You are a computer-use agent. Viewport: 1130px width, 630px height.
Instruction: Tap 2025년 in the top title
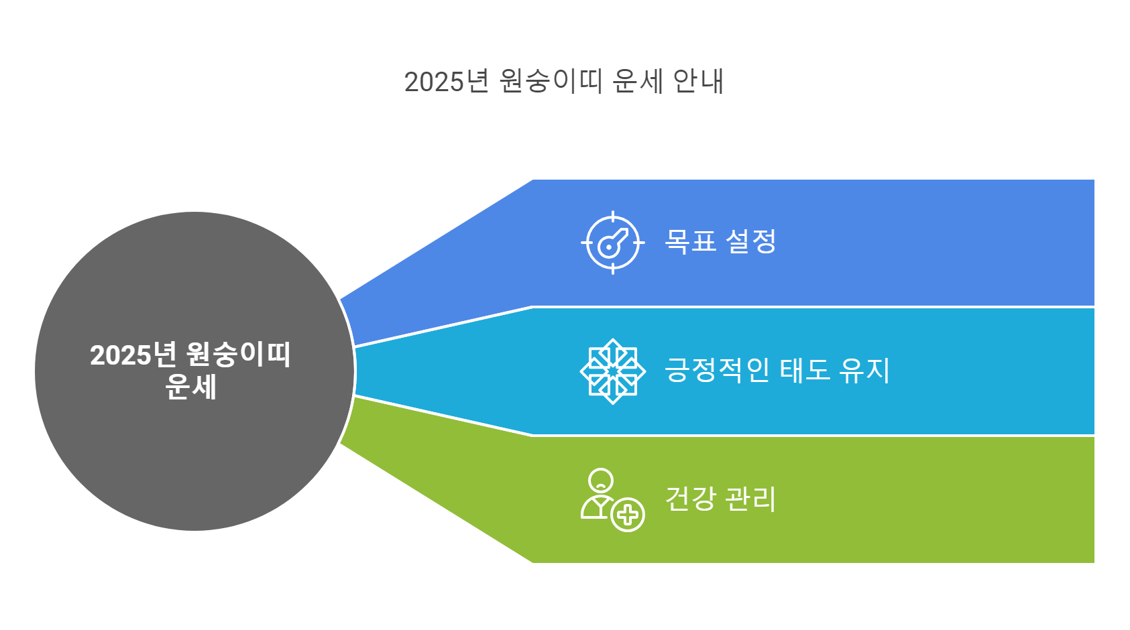click(x=446, y=82)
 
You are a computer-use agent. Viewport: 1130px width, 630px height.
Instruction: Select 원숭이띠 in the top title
click(x=551, y=82)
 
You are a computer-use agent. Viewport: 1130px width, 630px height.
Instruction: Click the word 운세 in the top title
click(x=637, y=82)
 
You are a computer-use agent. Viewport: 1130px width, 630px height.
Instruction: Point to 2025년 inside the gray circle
click(x=132, y=355)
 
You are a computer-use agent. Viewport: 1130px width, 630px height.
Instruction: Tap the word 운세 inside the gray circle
click(x=190, y=387)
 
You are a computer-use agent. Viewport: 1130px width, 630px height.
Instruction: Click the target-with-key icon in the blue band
click(x=612, y=243)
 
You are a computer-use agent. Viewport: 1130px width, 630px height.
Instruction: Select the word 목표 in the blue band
click(x=691, y=241)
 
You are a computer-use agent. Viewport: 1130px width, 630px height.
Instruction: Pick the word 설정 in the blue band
click(x=752, y=241)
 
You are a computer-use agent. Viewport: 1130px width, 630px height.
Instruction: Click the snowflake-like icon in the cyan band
click(x=612, y=371)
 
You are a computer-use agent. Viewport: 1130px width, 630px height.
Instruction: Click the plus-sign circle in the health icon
click(x=628, y=515)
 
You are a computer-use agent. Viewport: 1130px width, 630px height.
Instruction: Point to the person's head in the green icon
click(x=600, y=480)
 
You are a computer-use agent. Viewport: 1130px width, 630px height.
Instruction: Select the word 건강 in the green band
click(x=690, y=499)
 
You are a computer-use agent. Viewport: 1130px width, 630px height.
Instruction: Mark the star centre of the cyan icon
click(x=612, y=371)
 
